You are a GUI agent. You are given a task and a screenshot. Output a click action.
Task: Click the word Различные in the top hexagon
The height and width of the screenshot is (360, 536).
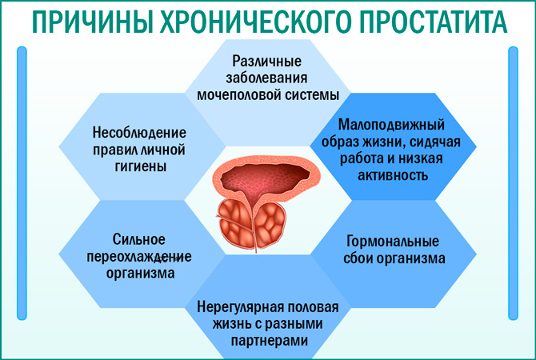pyautogui.click(x=268, y=61)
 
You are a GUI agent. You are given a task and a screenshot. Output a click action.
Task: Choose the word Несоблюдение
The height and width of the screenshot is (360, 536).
pyautogui.click(x=139, y=132)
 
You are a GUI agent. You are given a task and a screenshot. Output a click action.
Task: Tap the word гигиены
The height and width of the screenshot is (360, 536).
pyautogui.click(x=139, y=166)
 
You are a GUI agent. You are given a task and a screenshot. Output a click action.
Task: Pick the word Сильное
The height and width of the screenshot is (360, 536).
pyautogui.click(x=139, y=238)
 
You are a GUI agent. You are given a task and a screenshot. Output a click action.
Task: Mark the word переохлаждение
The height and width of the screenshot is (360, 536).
pyautogui.click(x=139, y=255)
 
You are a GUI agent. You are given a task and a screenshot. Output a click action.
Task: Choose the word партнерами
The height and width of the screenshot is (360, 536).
pyautogui.click(x=268, y=342)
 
